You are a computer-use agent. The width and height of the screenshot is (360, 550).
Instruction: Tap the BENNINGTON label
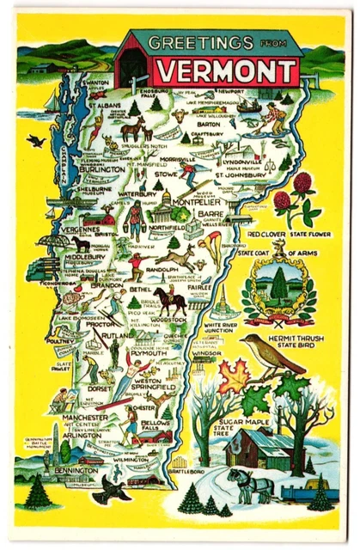76,471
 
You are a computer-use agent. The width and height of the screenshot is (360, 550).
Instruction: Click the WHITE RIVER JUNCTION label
226,330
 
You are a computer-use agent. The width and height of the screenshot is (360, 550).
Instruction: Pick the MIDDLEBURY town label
82,256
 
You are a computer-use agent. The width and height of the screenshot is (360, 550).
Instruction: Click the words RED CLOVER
269,233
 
